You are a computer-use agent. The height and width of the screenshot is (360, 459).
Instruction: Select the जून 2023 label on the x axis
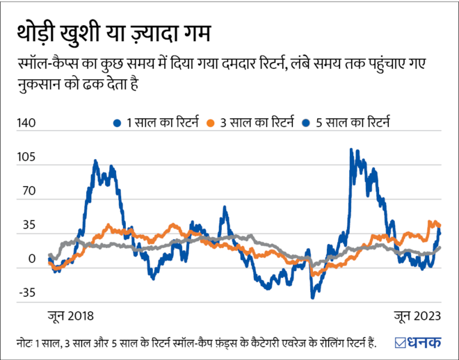tap(416, 316)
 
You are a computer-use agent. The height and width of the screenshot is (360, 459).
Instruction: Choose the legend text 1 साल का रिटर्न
tap(158, 123)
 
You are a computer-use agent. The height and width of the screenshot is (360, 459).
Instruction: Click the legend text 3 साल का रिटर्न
tap(255, 123)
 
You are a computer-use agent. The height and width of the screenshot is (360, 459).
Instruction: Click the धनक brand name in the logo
tap(426, 343)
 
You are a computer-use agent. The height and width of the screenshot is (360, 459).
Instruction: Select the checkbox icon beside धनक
tap(402, 343)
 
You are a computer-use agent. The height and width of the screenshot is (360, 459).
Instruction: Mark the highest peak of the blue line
tap(352, 149)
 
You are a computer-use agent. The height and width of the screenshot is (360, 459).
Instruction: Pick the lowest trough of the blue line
tap(313, 297)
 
